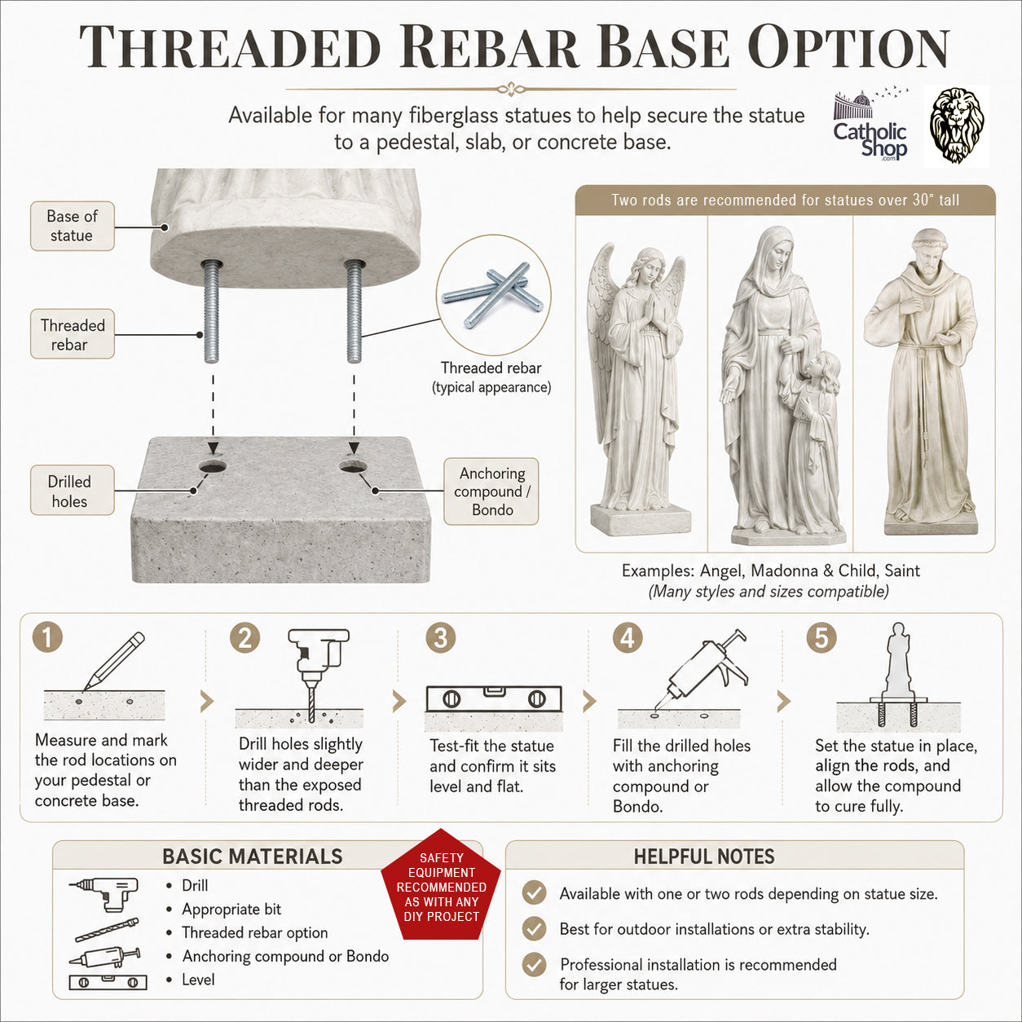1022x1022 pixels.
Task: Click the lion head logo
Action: click(958, 126)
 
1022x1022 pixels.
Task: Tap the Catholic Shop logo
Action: click(870, 126)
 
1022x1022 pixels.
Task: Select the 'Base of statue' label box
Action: click(73, 226)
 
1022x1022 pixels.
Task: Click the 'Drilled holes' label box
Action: click(73, 490)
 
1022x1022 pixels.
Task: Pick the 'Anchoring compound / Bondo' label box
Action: click(491, 491)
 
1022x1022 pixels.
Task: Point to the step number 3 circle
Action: click(441, 637)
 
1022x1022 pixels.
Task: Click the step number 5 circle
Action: click(822, 637)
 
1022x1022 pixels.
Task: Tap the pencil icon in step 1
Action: click(113, 661)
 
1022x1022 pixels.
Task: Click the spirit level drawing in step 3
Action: click(494, 699)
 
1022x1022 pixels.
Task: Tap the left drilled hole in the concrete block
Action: click(212, 467)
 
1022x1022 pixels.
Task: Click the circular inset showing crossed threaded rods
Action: click(494, 295)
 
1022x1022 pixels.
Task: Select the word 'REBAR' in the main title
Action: click(490, 47)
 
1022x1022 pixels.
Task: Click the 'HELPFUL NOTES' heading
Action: click(704, 857)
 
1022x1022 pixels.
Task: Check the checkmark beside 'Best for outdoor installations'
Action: click(534, 928)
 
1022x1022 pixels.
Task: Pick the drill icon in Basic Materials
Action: click(104, 894)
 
